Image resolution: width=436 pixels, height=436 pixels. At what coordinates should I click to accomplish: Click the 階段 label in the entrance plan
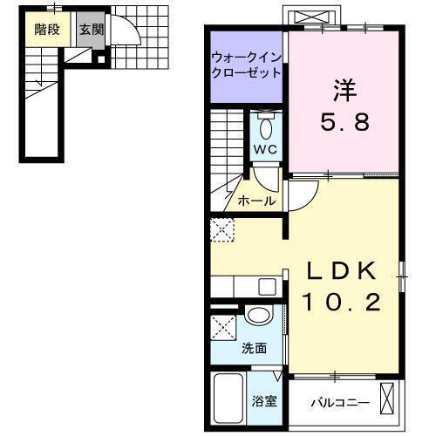(47, 29)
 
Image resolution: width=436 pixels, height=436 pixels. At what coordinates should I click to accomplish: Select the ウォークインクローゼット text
(245, 65)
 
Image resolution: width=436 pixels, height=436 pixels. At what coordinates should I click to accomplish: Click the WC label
(265, 148)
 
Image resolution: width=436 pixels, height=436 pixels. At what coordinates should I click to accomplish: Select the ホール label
(256, 201)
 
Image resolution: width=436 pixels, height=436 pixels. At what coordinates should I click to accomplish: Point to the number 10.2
(341, 303)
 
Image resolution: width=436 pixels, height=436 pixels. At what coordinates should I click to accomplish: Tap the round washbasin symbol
(258, 317)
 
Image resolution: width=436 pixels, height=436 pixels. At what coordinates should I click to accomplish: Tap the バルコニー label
(340, 404)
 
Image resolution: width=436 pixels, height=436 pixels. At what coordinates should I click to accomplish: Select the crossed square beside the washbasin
(222, 330)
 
